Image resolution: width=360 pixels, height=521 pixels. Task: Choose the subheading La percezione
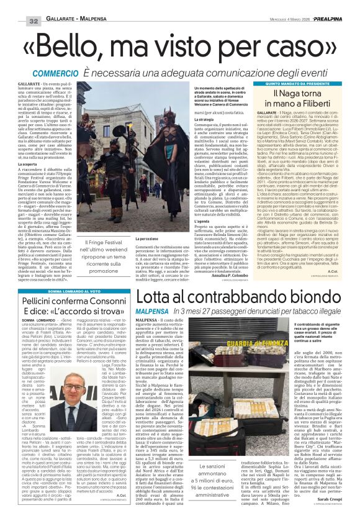click(146, 238)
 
